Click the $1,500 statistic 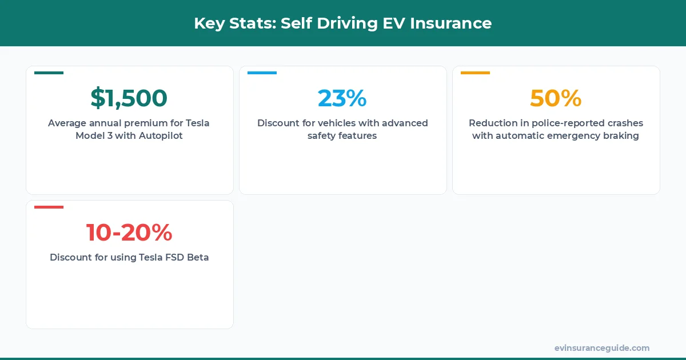click(x=129, y=98)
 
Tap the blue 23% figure click(x=342, y=98)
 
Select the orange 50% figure click(x=555, y=98)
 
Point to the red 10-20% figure click(x=129, y=233)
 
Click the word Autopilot click(x=161, y=136)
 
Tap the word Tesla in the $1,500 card click(x=197, y=123)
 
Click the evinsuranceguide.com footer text click(x=601, y=348)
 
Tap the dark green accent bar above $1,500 click(x=49, y=73)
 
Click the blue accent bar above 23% click(x=262, y=73)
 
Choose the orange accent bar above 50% click(x=475, y=73)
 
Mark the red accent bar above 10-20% click(x=49, y=207)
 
